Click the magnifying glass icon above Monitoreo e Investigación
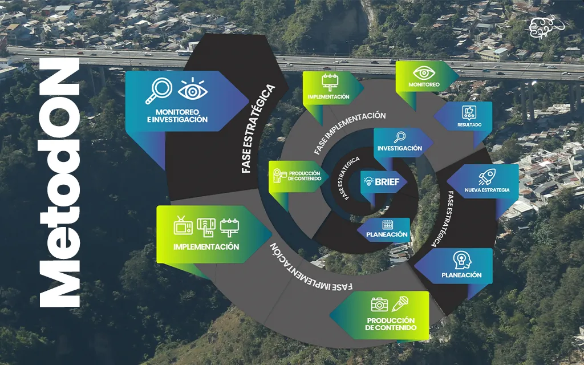(x=159, y=91)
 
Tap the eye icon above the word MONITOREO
(x=424, y=72)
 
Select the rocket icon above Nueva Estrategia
(x=487, y=177)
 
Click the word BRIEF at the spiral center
(x=387, y=182)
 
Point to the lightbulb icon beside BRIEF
(x=368, y=182)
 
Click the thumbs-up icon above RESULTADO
(x=469, y=112)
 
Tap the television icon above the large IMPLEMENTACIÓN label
(x=183, y=225)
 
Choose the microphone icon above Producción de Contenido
(x=400, y=303)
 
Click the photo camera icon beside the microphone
(x=379, y=305)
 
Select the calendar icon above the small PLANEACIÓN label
(x=388, y=225)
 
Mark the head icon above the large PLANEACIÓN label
(x=462, y=260)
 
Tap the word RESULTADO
(x=469, y=125)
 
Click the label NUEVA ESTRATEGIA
(x=487, y=190)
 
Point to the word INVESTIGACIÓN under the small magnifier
(x=400, y=148)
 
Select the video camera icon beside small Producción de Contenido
(x=279, y=176)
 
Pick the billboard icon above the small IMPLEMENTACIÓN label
(x=330, y=82)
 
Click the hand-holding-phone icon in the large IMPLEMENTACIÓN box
(x=206, y=228)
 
